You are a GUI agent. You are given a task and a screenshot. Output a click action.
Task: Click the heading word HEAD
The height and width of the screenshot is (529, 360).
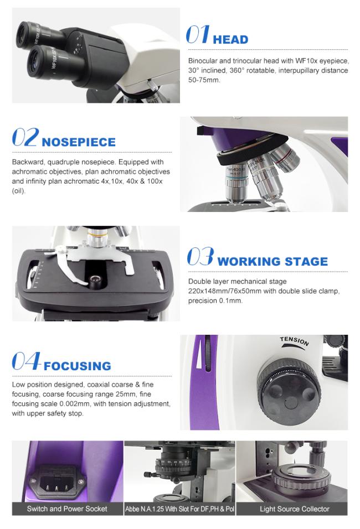(230, 39)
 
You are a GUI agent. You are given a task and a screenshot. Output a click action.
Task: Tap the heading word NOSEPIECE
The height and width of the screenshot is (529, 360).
(78, 142)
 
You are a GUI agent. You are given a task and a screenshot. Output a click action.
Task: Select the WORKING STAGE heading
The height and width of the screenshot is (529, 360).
(272, 262)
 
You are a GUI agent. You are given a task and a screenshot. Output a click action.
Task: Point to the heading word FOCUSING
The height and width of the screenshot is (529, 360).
(77, 366)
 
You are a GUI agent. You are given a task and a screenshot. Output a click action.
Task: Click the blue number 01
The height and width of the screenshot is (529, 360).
(198, 34)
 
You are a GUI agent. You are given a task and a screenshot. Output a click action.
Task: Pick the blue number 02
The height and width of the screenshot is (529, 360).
(25, 137)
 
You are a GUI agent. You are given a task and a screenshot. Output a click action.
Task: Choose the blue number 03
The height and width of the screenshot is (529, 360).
(200, 256)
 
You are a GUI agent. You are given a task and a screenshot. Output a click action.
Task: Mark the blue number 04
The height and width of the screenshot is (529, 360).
(27, 361)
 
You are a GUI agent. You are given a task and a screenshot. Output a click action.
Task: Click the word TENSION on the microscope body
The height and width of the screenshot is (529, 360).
(294, 341)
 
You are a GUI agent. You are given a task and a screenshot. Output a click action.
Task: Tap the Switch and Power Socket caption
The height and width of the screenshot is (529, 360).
(67, 509)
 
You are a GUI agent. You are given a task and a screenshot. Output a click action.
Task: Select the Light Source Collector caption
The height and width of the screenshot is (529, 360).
(295, 509)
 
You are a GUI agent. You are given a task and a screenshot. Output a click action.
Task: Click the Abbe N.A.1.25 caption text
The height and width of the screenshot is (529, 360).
(179, 509)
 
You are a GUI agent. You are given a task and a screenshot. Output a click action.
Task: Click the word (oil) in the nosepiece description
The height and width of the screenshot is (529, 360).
(19, 191)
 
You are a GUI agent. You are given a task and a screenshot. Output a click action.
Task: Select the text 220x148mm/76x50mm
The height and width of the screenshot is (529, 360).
(224, 291)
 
